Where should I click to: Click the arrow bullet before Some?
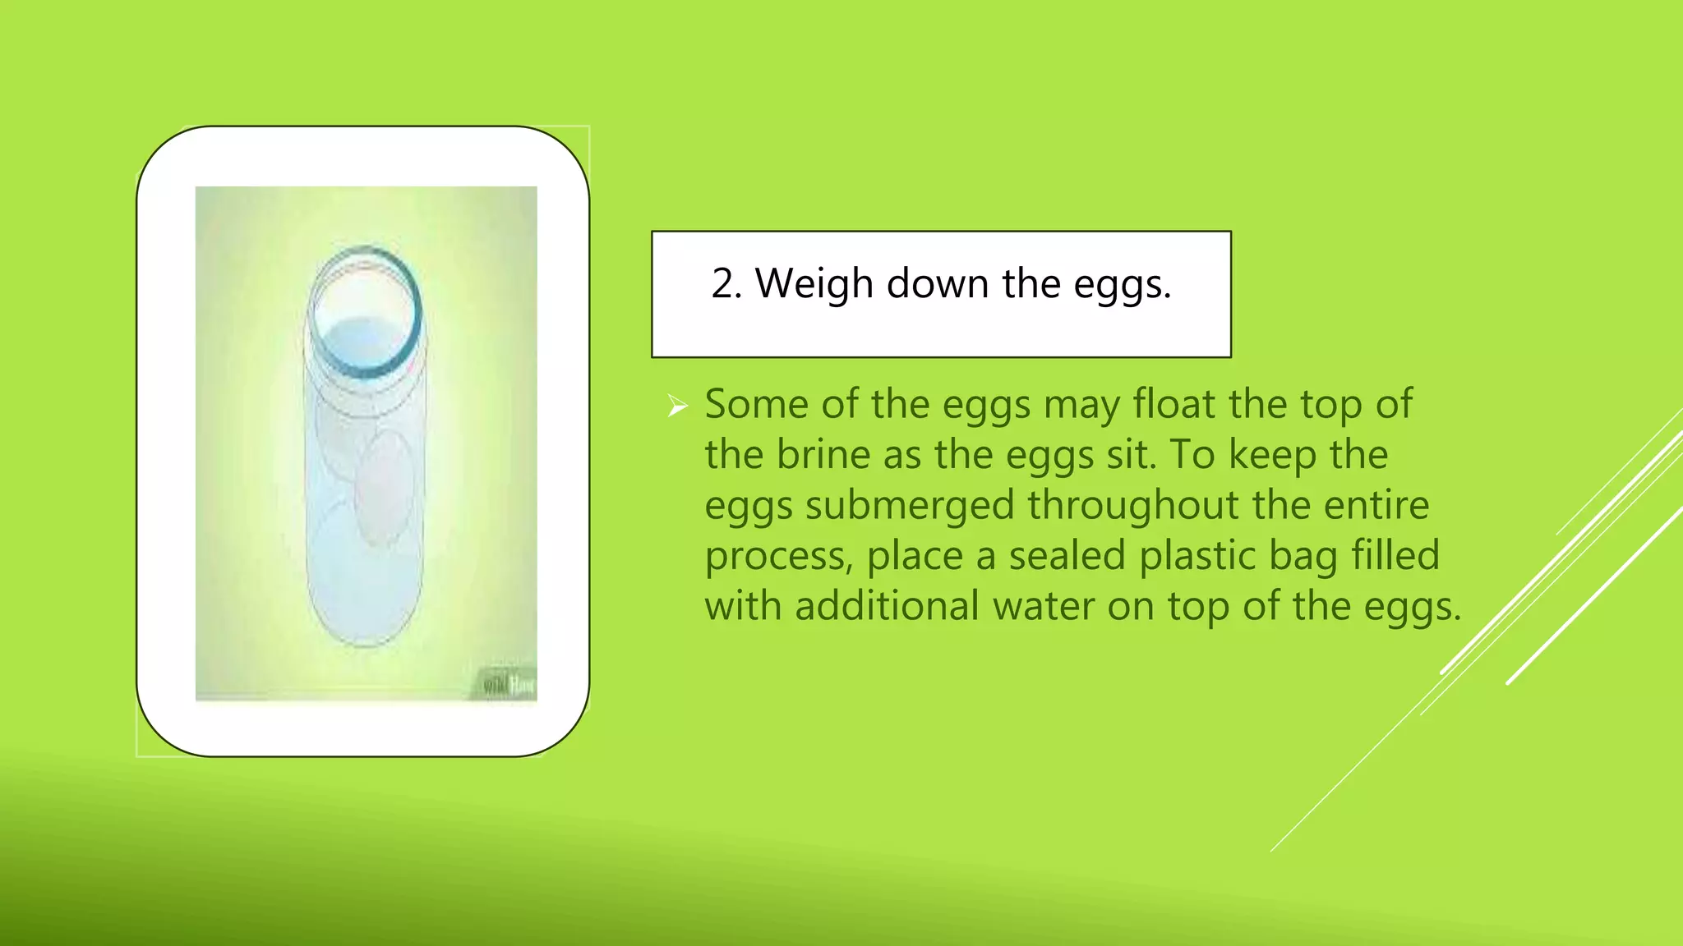click(x=677, y=405)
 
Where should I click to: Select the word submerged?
click(x=909, y=505)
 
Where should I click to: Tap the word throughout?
click(x=1133, y=505)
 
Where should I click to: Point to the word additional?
click(x=887, y=607)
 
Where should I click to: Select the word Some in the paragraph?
click(x=756, y=404)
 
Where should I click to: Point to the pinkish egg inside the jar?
click(x=384, y=489)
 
